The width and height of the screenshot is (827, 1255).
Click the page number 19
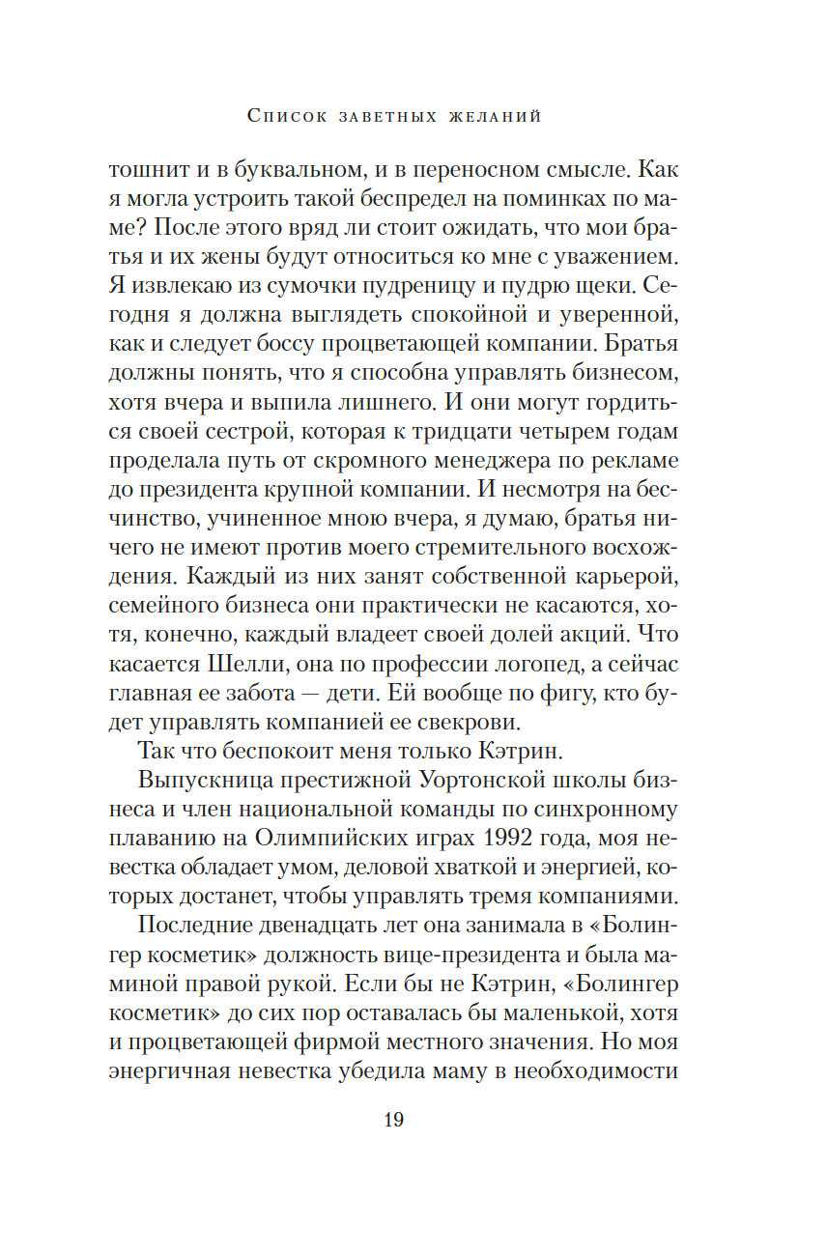pos(393,1120)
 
